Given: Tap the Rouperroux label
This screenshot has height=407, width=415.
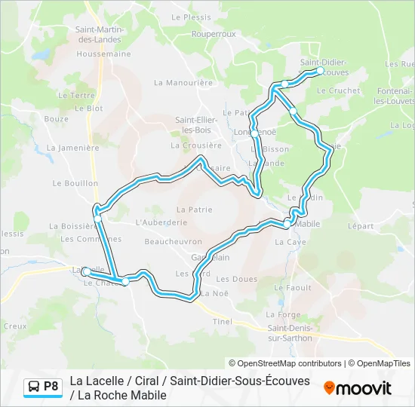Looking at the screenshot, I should pyautogui.click(x=214, y=34).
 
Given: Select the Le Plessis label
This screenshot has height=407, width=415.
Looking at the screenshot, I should pyautogui.click(x=191, y=16).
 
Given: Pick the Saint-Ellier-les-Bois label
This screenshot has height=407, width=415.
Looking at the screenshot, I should pyautogui.click(x=197, y=124).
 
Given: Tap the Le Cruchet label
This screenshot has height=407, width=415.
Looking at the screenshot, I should pyautogui.click(x=339, y=90).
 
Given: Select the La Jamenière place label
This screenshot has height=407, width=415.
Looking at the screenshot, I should pyautogui.click(x=72, y=148).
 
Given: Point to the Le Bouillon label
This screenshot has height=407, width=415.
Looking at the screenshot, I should pyautogui.click(x=71, y=183).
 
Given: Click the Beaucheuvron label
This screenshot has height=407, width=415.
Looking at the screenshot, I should pyautogui.click(x=173, y=241).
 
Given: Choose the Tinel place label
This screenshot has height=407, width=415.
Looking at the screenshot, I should pyautogui.click(x=222, y=321).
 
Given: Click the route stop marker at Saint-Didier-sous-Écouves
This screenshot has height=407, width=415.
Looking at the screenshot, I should pyautogui.click(x=320, y=71).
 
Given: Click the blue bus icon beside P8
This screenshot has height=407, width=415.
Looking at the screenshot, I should pyautogui.click(x=34, y=387).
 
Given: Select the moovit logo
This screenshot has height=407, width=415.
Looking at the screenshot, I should pyautogui.click(x=358, y=388).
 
